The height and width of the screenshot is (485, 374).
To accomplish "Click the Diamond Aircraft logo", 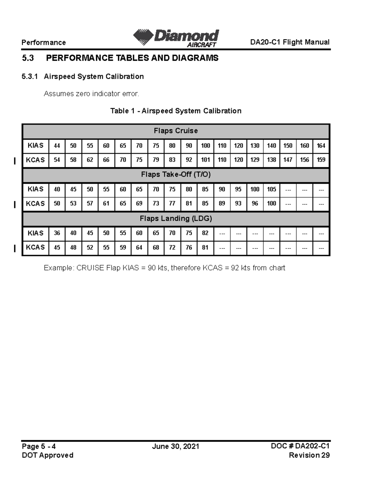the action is click(176, 38).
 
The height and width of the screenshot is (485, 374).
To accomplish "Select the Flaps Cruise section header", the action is click(176, 131).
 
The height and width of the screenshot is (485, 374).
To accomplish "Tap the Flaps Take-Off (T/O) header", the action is click(176, 175).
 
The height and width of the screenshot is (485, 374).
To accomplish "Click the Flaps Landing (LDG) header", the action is click(176, 219).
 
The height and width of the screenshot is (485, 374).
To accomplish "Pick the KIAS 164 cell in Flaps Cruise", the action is click(321, 146).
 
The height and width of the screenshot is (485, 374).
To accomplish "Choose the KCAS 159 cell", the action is click(321, 160).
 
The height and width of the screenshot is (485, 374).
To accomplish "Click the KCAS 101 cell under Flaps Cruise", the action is click(205, 160).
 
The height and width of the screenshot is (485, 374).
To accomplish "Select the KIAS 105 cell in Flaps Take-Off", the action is click(271, 189).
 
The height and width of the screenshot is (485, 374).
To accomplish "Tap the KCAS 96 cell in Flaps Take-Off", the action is click(255, 204).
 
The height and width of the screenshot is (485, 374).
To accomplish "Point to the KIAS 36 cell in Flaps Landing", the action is click(57, 233).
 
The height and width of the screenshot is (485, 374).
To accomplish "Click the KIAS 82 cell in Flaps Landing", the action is click(205, 233).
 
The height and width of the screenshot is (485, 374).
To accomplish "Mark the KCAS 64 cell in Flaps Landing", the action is click(139, 248).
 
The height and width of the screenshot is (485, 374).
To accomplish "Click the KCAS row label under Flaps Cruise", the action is click(36, 160).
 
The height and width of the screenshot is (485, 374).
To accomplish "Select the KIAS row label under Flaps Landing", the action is click(36, 233).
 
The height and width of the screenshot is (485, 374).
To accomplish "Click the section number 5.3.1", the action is click(30, 77).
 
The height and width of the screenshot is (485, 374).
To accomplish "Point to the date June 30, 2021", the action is click(175, 447).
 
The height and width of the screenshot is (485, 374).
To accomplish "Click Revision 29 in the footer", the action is click(309, 455).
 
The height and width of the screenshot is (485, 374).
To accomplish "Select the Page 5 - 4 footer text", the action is click(39, 447).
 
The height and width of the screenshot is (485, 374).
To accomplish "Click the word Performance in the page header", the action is click(44, 42).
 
